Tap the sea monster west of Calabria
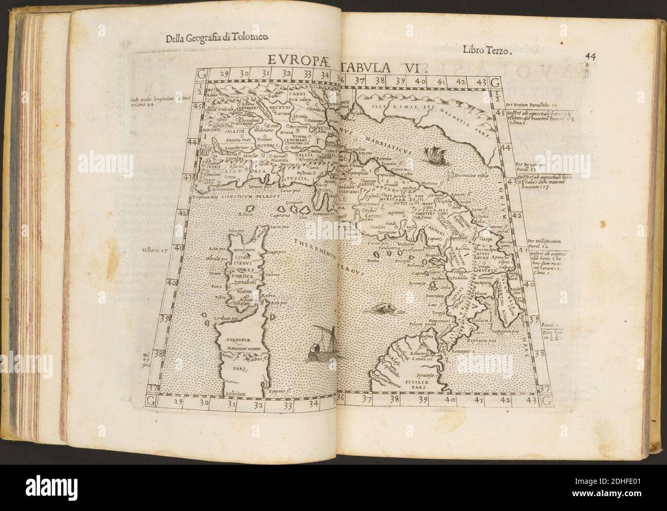tap(383, 307)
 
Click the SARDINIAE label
tap(233, 339)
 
